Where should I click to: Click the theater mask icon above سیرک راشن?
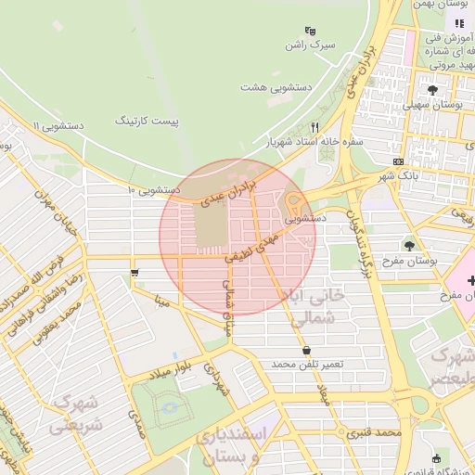[x=309, y=30]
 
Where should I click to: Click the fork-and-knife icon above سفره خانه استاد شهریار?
[x=315, y=127]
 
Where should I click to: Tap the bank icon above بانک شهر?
[x=398, y=160]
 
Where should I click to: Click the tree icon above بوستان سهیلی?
[x=432, y=90]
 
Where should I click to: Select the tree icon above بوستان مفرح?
[x=409, y=245]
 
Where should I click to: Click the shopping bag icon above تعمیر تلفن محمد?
[x=306, y=350]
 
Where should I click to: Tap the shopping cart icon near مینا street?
[x=135, y=273]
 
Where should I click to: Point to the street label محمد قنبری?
[x=375, y=432]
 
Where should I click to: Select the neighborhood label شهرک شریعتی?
[x=77, y=413]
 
